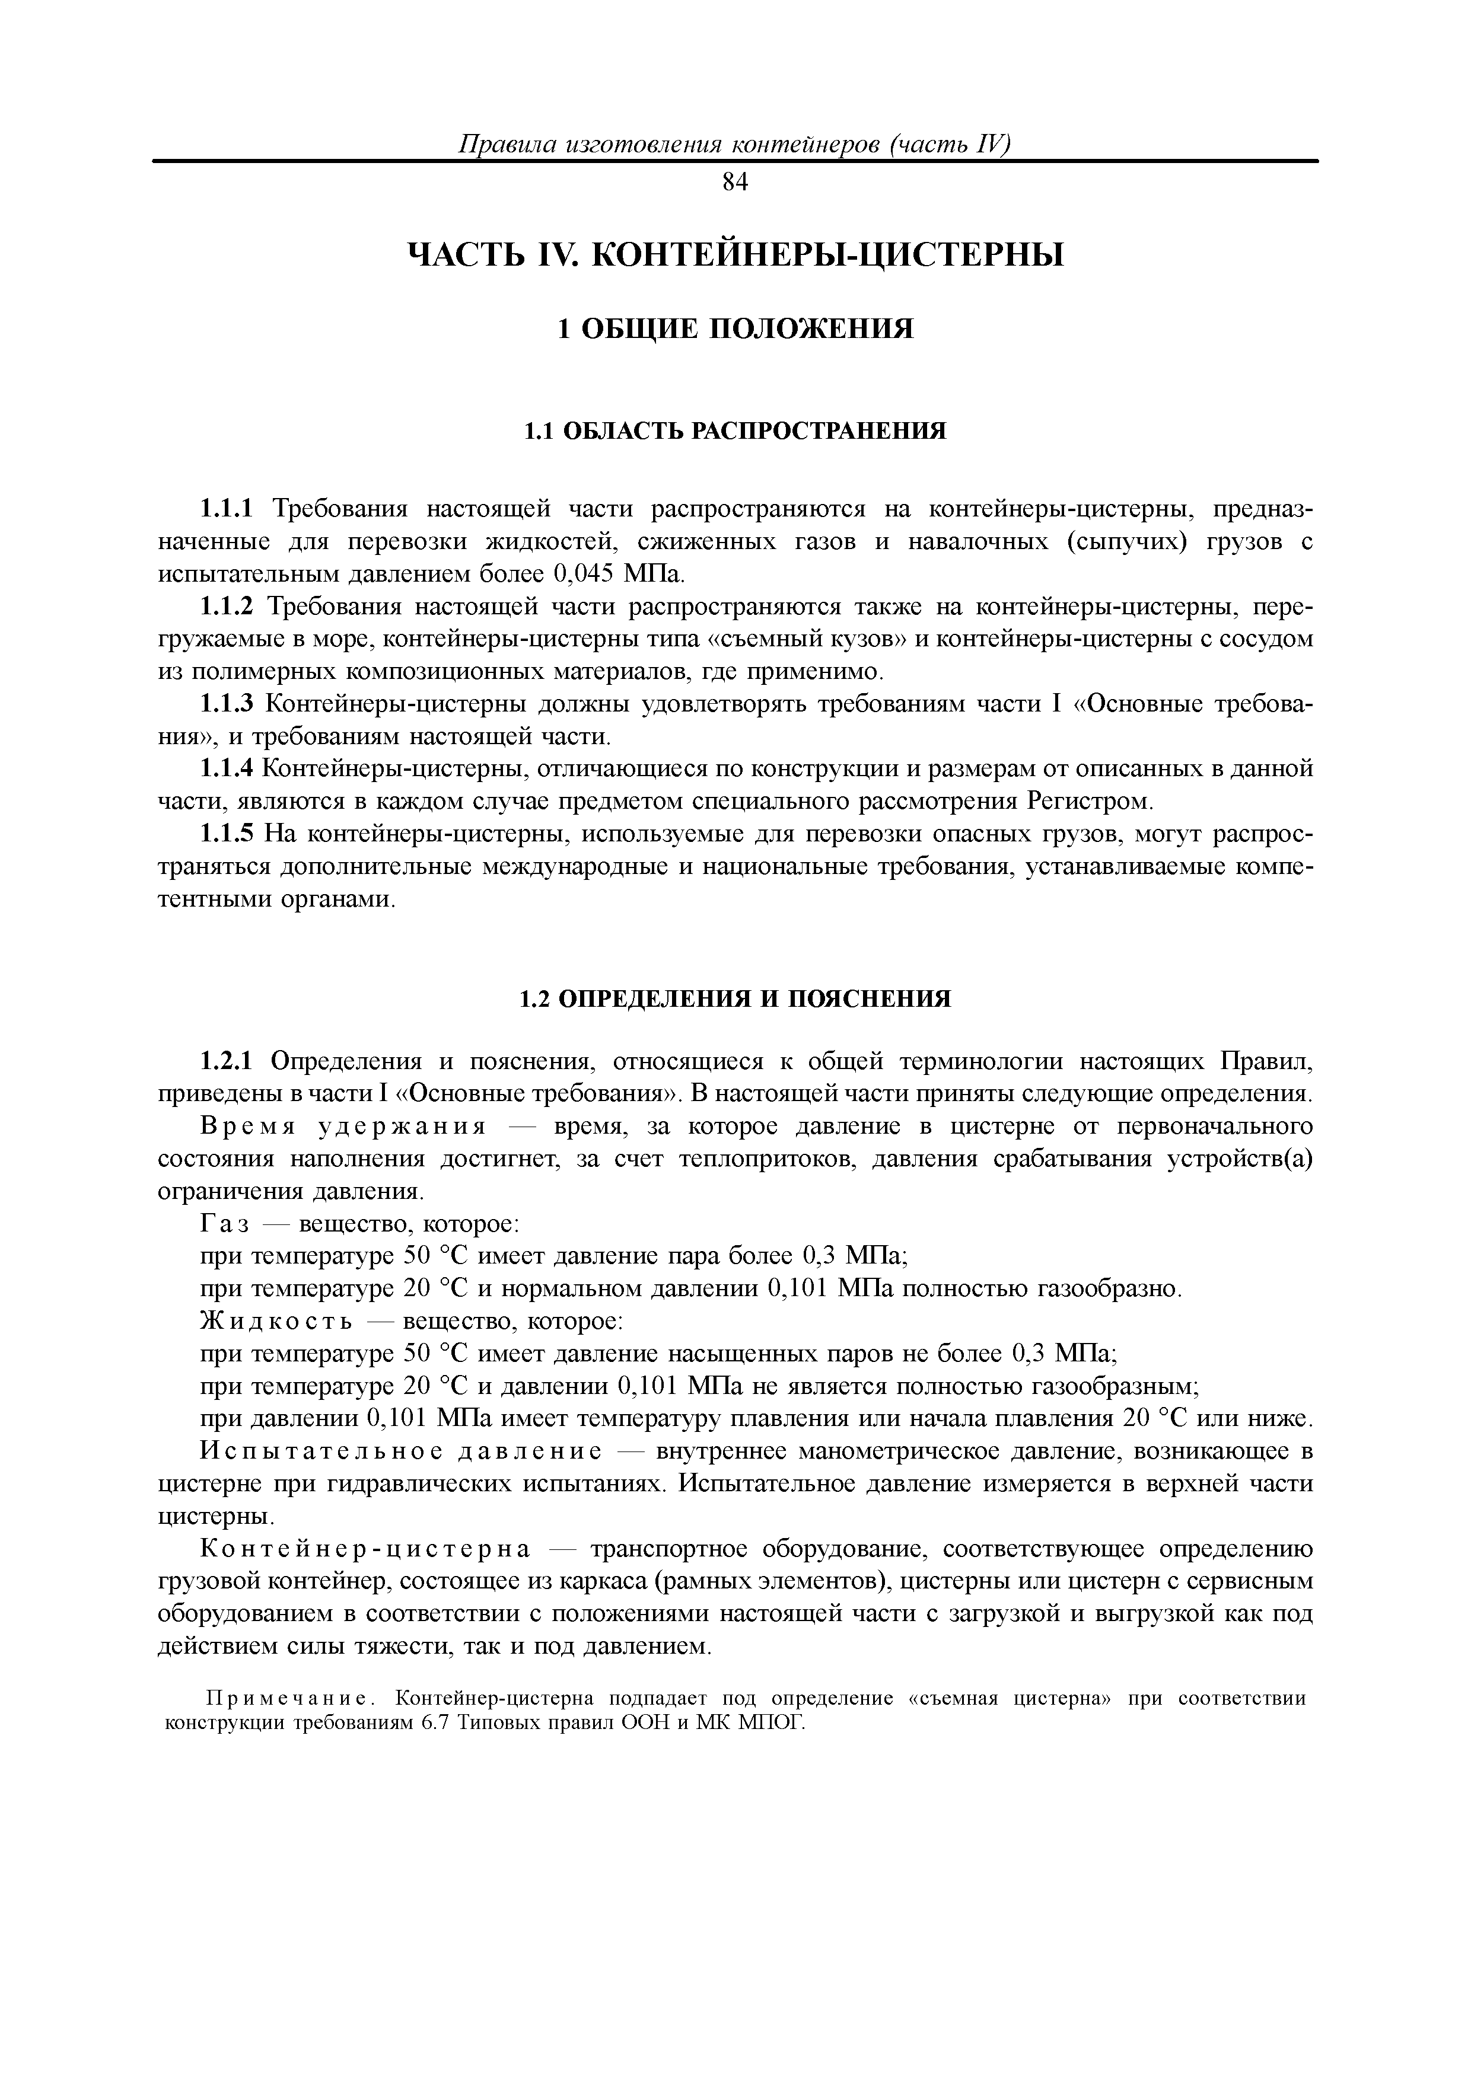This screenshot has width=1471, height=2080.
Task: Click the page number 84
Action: [735, 182]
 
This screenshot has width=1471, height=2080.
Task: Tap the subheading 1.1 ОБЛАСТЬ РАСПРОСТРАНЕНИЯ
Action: [735, 431]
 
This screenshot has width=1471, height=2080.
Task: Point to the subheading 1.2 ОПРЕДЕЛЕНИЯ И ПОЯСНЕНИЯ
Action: [735, 999]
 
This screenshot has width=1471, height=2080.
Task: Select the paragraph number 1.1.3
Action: [230, 705]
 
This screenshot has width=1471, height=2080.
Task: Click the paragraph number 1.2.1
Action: [230, 1061]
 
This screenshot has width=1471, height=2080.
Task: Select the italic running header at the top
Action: [735, 145]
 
